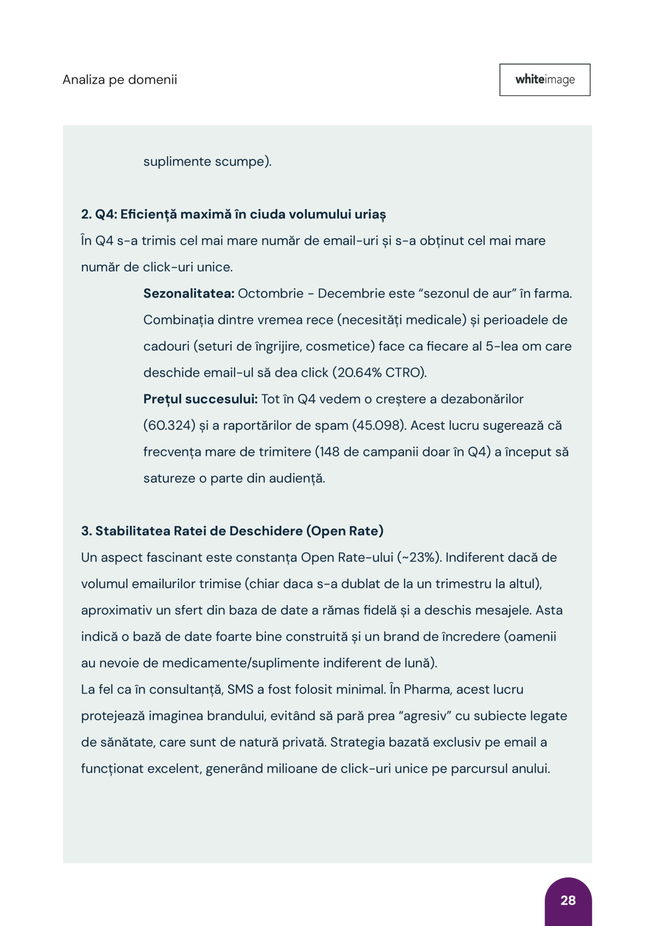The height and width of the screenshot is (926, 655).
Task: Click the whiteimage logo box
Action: tap(545, 80)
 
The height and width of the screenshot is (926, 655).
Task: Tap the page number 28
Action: tap(568, 900)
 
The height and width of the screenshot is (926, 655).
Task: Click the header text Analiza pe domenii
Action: tap(120, 80)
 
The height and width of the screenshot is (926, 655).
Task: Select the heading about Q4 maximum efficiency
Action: tap(233, 214)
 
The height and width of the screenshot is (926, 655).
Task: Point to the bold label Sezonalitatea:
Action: tap(189, 293)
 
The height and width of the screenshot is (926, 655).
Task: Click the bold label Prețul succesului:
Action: tap(200, 399)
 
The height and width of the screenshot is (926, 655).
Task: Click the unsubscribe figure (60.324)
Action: tap(169, 425)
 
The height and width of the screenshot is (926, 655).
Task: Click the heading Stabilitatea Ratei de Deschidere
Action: tap(232, 531)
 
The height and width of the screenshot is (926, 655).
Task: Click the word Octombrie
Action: tap(271, 293)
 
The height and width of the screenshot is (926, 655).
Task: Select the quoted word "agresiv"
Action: tap(426, 716)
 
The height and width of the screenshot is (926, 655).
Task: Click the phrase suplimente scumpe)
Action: tap(207, 162)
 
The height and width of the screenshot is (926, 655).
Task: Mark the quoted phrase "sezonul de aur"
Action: tap(467, 293)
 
